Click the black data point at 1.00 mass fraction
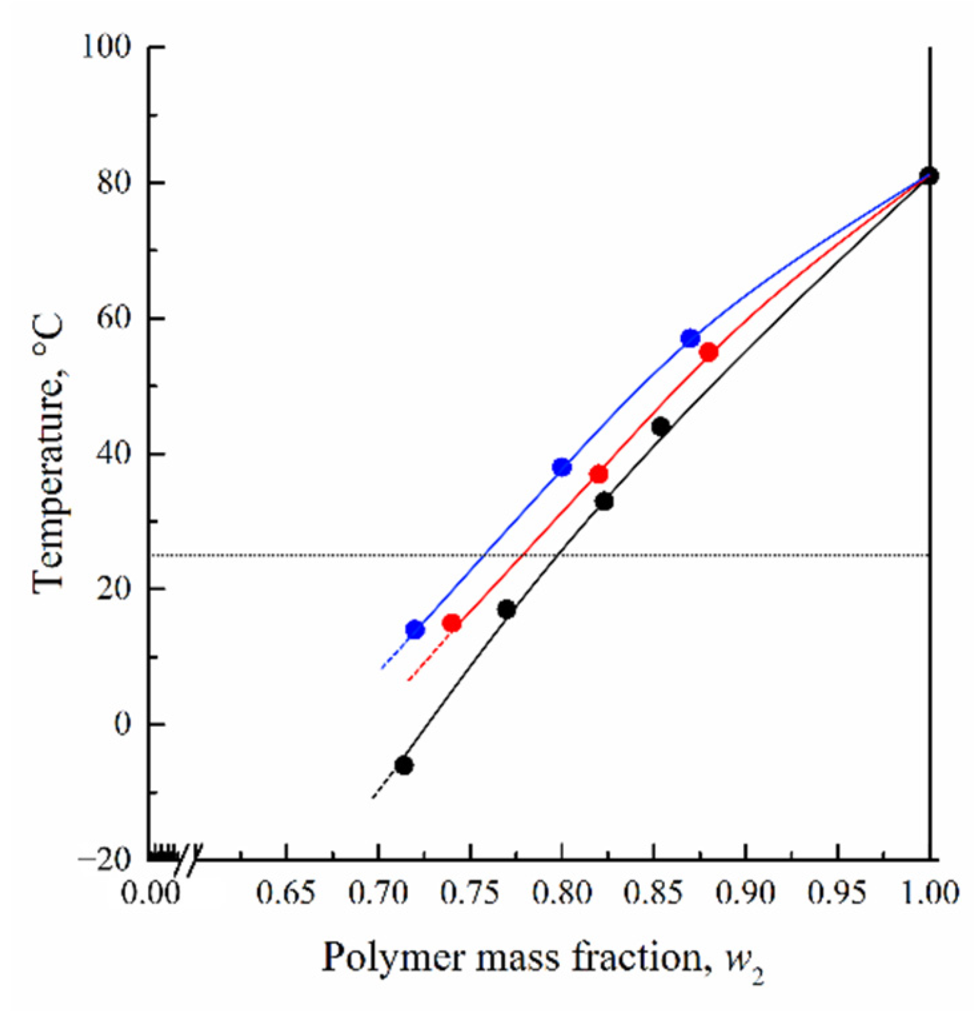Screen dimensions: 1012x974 click(929, 176)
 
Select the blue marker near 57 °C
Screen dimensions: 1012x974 click(690, 338)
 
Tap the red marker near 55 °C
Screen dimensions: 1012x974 click(709, 352)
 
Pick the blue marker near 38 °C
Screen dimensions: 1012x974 click(562, 467)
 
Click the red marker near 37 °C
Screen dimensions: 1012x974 click(599, 475)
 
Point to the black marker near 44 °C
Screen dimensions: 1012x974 click(660, 427)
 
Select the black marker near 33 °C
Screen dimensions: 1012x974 click(604, 501)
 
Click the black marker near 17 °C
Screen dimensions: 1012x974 click(507, 609)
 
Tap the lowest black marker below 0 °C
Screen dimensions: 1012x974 click(403, 766)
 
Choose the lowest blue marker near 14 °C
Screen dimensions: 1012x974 click(415, 629)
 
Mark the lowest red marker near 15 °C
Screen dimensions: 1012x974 click(452, 623)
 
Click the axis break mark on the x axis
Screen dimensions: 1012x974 click(188, 860)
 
